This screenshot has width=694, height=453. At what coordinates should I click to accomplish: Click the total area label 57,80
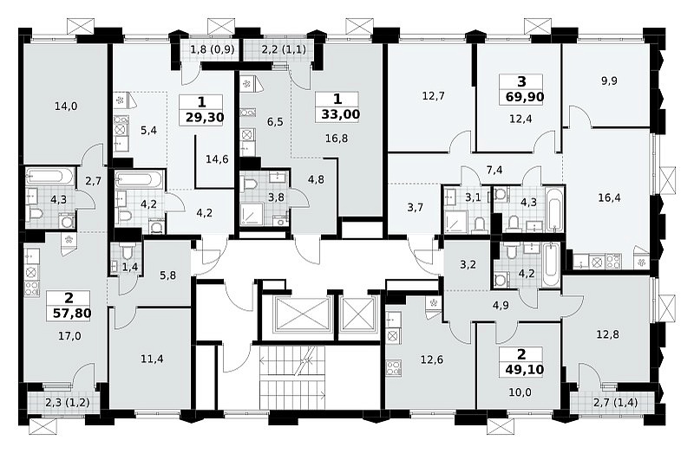pyautogui.click(x=72, y=314)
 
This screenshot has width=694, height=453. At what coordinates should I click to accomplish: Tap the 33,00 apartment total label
pyautogui.click(x=340, y=114)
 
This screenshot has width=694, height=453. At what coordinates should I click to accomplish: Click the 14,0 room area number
pyautogui.click(x=66, y=106)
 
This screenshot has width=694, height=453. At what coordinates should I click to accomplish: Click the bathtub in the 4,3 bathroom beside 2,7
pyautogui.click(x=49, y=177)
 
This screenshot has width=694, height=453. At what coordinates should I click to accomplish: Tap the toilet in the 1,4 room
pyautogui.click(x=127, y=253)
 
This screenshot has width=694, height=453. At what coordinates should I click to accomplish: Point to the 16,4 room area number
pyautogui.click(x=609, y=197)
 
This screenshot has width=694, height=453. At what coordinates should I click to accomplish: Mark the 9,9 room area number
pyautogui.click(x=609, y=81)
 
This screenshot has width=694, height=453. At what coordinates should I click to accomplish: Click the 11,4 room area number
pyautogui.click(x=152, y=359)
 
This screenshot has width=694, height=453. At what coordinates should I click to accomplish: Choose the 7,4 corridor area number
pyautogui.click(x=494, y=170)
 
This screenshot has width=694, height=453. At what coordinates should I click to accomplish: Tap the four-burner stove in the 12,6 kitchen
pyautogui.click(x=393, y=368)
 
